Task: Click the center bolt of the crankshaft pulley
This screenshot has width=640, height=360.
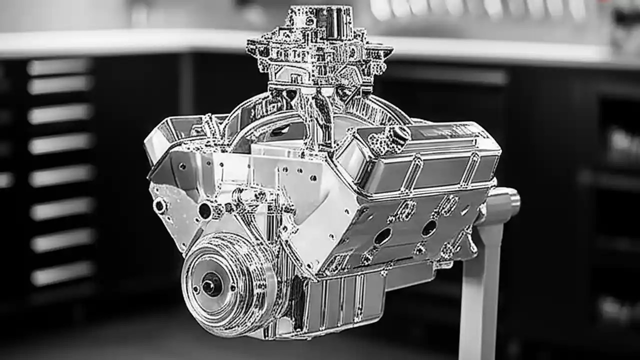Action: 211,285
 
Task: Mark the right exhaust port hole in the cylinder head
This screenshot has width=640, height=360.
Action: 429,228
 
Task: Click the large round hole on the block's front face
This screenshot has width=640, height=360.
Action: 205,210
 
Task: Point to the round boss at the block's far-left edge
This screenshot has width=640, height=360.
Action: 159,205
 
